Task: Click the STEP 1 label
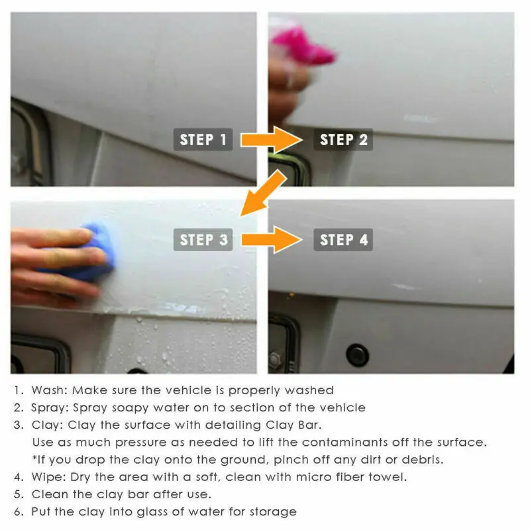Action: pyautogui.click(x=203, y=140)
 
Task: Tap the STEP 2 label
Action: pyautogui.click(x=343, y=140)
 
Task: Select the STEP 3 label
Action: pyautogui.click(x=203, y=239)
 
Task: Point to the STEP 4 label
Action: pyautogui.click(x=343, y=239)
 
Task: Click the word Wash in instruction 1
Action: pyautogui.click(x=46, y=390)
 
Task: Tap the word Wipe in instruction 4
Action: pyautogui.click(x=46, y=477)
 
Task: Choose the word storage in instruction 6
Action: pyautogui.click(x=272, y=511)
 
